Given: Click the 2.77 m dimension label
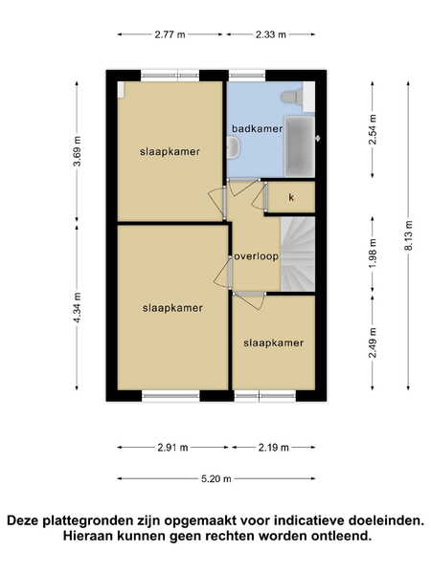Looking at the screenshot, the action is coord(170,34).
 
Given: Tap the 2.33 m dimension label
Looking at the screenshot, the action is coord(270,34).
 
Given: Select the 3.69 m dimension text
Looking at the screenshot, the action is coord(77,151).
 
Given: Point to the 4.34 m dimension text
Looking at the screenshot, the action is coord(77,307).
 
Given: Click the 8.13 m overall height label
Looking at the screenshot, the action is coord(409,235).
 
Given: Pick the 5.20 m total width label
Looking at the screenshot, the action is coord(216,479).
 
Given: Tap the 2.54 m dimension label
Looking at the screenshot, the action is coord(373,129).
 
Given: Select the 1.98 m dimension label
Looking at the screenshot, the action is coord(373,254).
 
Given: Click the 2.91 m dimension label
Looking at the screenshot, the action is coord(172,448).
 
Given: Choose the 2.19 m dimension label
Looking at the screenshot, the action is coord(273,448).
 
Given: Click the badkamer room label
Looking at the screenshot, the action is coord(257,129).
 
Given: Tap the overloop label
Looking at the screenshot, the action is coord(256,256).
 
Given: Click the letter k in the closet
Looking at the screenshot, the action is coord(291,198).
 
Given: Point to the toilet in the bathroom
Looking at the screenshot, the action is coord(292,97).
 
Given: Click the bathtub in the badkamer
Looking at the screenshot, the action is coord(300,146).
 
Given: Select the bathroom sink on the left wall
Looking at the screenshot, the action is coord(233,147).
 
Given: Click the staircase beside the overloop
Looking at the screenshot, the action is coord(298,254).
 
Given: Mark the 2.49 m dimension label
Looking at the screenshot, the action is coord(373,342).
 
